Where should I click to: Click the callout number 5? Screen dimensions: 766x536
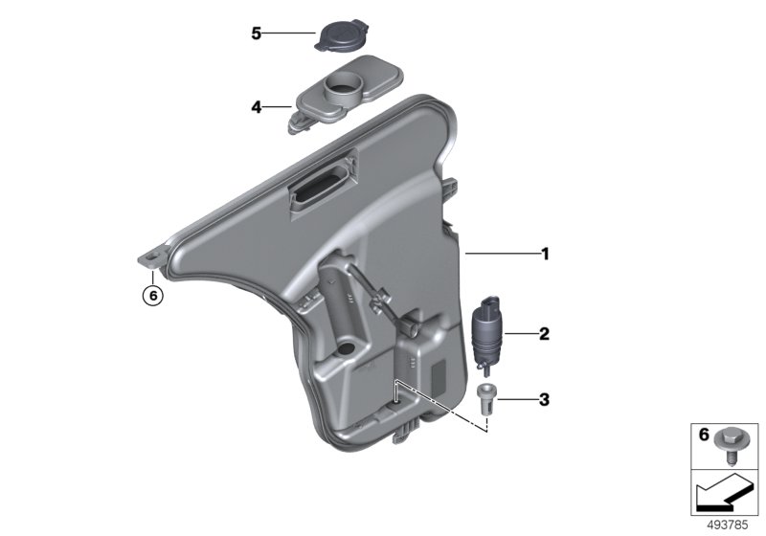pyautogui.click(x=257, y=33)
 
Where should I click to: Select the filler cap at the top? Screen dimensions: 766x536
pyautogui.click(x=342, y=35)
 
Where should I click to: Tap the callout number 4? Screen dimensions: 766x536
pyautogui.click(x=257, y=107)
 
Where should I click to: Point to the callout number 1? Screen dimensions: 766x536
pyautogui.click(x=545, y=254)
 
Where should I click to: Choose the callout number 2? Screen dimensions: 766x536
pyautogui.click(x=544, y=334)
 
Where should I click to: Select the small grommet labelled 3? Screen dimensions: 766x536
pyautogui.click(x=485, y=398)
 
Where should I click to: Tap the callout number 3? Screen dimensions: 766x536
pyautogui.click(x=544, y=400)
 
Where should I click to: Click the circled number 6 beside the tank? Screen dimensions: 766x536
pyautogui.click(x=153, y=296)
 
